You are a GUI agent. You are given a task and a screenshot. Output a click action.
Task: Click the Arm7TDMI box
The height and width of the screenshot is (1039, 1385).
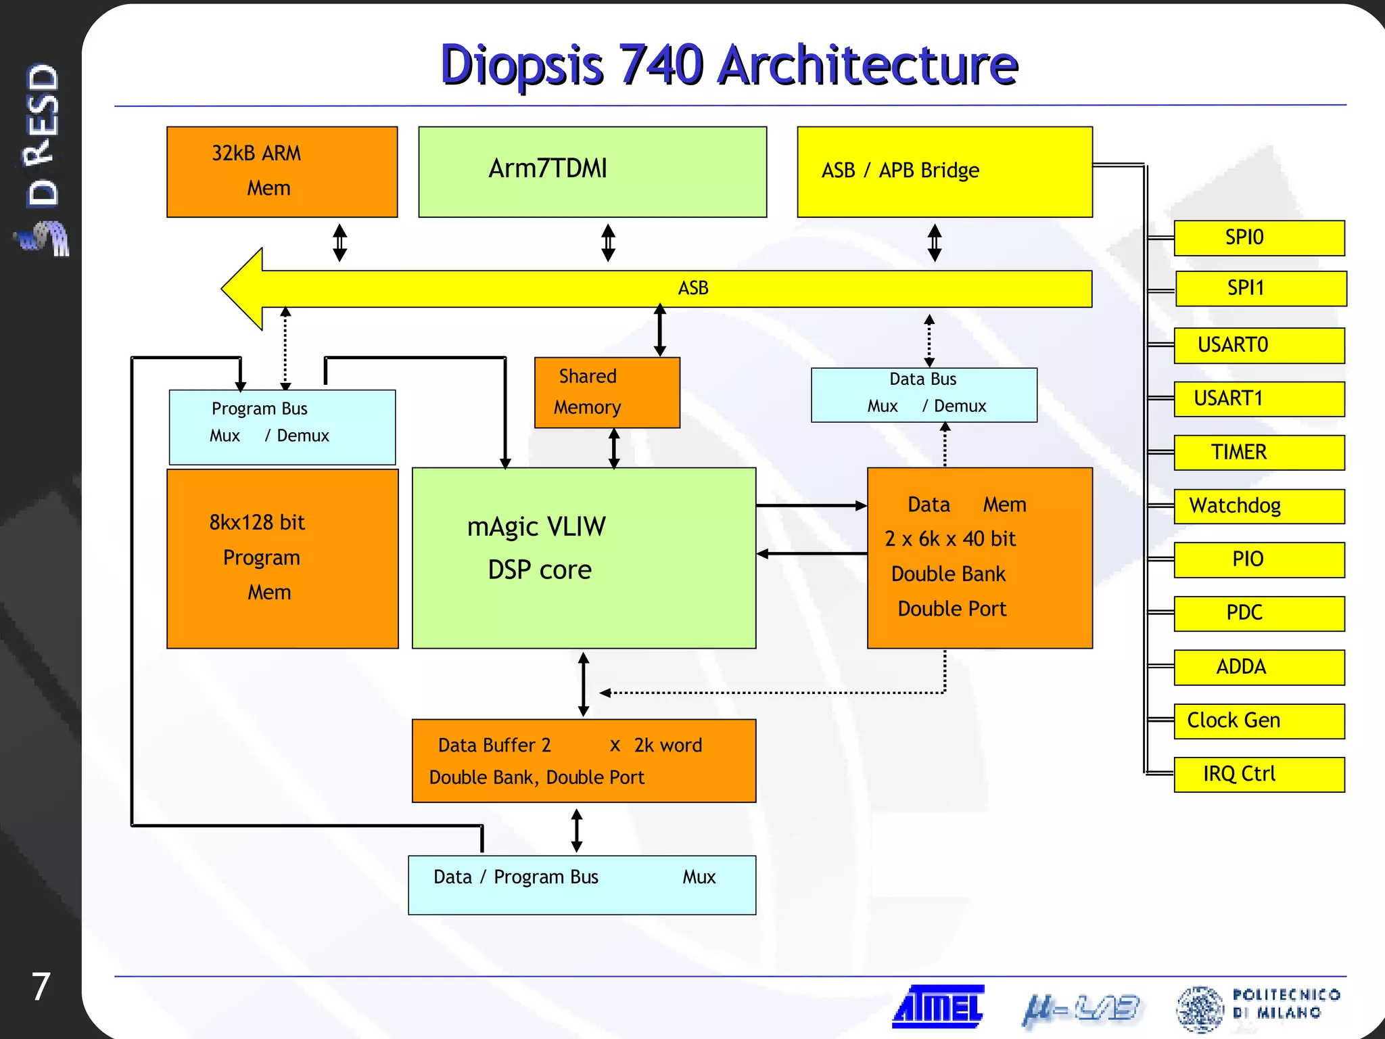coord(592,172)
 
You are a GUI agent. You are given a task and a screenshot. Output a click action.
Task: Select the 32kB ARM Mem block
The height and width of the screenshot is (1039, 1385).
coord(282,172)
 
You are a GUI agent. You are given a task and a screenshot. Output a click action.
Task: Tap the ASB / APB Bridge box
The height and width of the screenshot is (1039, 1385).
coord(945,172)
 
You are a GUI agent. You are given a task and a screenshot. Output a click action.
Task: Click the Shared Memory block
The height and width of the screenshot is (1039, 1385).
coord(607,392)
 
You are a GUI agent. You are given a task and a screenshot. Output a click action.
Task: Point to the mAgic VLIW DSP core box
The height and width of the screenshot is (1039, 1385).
coord(584,557)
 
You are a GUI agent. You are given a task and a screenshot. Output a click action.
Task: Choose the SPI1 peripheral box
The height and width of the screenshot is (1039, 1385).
coord(1261,289)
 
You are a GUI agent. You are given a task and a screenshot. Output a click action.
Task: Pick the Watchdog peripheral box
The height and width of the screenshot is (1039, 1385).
coord(1259,506)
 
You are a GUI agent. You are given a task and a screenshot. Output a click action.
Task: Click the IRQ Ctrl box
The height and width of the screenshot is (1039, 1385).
coord(1259,774)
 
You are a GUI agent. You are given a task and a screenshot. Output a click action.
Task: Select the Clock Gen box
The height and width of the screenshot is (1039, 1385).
coord(1259,721)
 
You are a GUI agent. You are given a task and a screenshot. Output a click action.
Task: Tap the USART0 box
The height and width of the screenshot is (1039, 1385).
coord(1259,346)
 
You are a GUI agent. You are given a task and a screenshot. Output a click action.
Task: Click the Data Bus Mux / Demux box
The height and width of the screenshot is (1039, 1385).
coord(924,395)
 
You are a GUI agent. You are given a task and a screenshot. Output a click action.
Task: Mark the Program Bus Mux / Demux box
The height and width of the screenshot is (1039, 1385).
coord(282,427)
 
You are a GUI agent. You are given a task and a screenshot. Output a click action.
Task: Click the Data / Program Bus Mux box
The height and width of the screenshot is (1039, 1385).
coord(582,885)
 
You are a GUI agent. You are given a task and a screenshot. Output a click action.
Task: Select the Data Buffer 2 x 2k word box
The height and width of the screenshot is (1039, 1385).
coord(584,760)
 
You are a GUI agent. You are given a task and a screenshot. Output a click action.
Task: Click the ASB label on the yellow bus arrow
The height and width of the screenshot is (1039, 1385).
coord(693,288)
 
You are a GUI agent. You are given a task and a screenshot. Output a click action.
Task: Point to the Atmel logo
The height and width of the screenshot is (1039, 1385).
coord(939,1007)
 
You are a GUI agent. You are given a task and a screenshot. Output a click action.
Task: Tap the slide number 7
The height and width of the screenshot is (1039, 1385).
coord(41,986)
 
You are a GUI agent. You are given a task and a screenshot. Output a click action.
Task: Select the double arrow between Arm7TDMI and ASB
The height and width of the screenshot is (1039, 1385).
coord(608,243)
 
